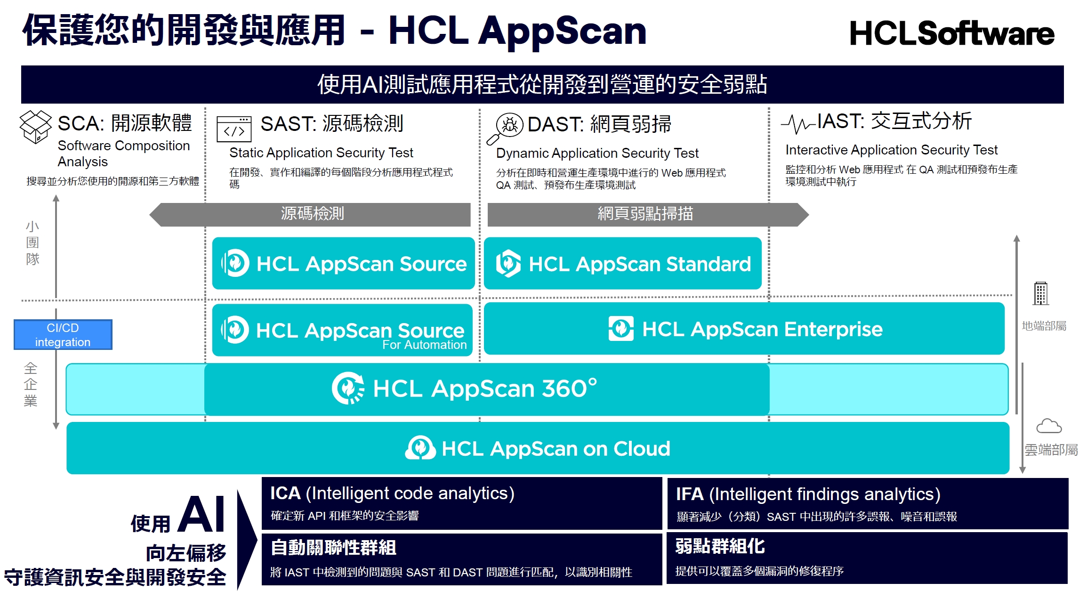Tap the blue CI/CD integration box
coord(63,335)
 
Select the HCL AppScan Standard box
coord(623,263)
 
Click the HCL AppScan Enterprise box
coord(744,329)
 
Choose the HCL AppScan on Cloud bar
coord(538,448)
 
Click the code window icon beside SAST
coord(234,129)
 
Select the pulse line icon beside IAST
coord(798,124)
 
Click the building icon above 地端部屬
coord(1041,293)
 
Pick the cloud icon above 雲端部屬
coord(1049,426)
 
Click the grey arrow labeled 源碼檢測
coord(310,215)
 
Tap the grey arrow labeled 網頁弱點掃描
coord(648,215)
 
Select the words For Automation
coord(424,345)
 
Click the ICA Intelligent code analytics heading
coord(392,493)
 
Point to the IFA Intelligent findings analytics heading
coord(808,494)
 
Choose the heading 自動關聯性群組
coord(334,548)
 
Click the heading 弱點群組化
coord(720,546)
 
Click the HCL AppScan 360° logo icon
coord(348,389)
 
